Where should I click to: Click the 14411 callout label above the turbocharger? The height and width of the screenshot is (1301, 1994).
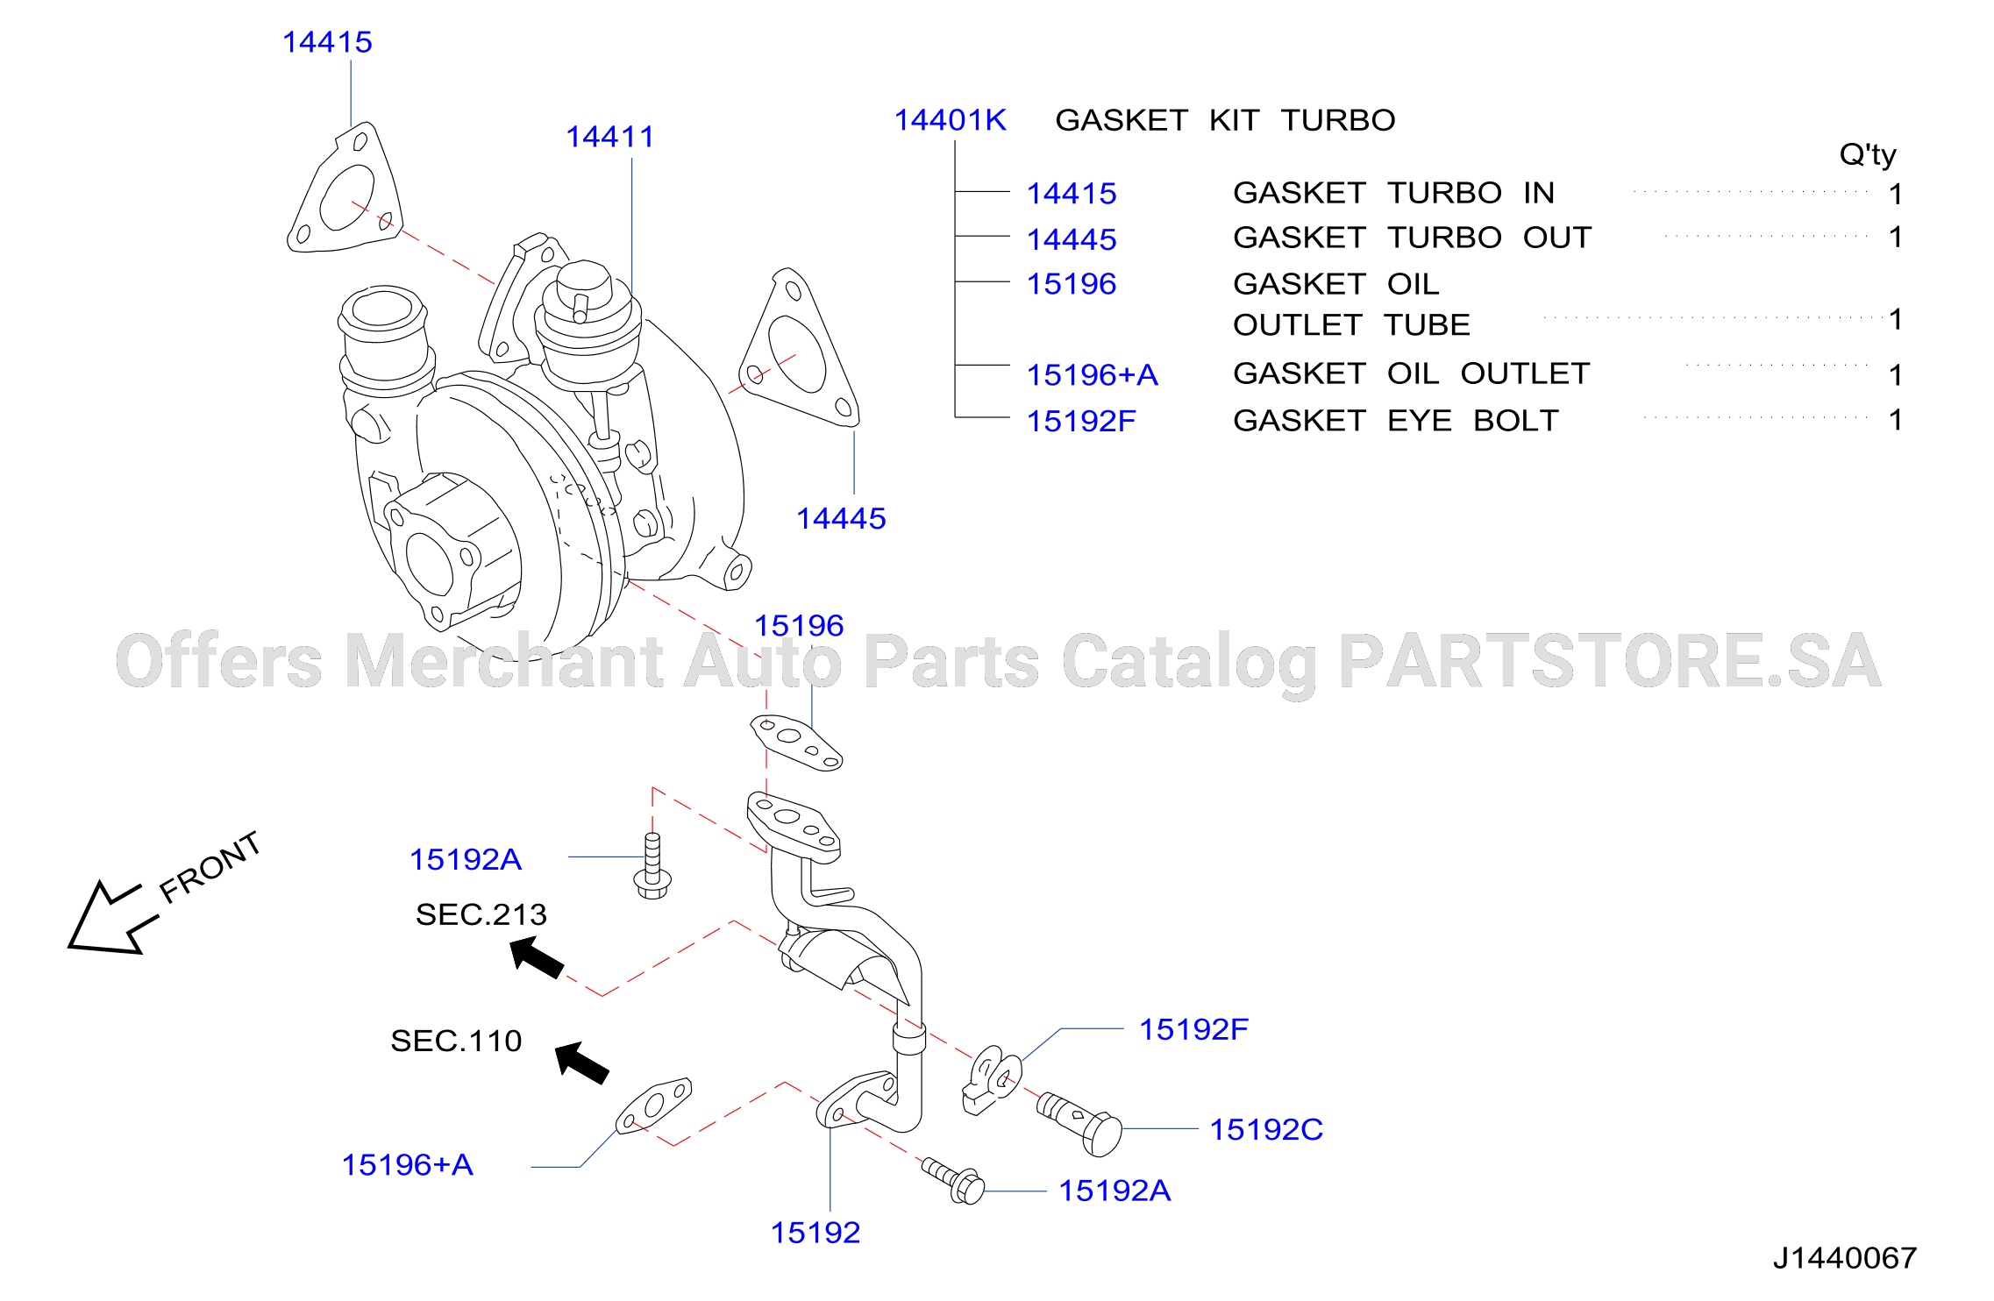click(x=609, y=137)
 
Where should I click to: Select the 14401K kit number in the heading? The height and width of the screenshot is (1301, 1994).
click(x=950, y=120)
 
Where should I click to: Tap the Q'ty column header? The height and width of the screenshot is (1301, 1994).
click(x=1867, y=155)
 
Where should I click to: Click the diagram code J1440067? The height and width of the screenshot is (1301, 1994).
click(x=1844, y=1258)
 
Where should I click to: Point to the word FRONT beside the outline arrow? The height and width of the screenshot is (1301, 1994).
click(x=210, y=867)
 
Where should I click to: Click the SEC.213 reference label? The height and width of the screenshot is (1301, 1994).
click(x=481, y=914)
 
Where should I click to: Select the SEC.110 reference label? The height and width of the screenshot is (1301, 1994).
click(x=456, y=1041)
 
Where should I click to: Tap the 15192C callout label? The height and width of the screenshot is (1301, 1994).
click(x=1266, y=1129)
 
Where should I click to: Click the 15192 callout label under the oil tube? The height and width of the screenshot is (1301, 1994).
click(x=815, y=1233)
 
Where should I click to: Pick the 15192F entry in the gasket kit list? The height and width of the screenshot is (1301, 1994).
click(x=1080, y=421)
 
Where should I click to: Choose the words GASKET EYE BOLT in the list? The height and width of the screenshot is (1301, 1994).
click(x=1396, y=421)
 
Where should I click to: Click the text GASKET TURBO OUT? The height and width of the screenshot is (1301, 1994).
click(x=1412, y=238)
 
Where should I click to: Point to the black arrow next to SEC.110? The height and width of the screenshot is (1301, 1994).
click(x=582, y=1063)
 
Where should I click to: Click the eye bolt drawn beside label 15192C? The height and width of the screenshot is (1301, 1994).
click(x=1079, y=1125)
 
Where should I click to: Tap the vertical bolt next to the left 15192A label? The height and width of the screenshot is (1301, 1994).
click(x=652, y=866)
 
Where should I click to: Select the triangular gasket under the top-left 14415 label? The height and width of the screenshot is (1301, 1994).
click(x=345, y=188)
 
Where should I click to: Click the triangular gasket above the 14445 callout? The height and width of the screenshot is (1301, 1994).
click(x=799, y=349)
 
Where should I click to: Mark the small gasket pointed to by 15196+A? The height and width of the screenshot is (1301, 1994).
click(x=653, y=1105)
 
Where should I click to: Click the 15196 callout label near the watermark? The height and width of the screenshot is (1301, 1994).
click(x=799, y=626)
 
